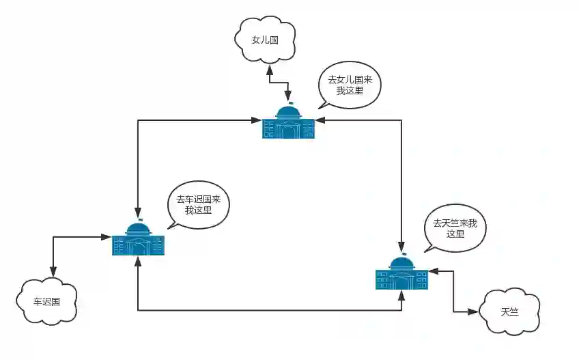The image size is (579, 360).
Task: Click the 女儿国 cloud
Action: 265,40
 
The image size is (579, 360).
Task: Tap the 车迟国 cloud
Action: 46,301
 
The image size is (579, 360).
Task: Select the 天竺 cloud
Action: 509,311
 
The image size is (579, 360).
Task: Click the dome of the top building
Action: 288,111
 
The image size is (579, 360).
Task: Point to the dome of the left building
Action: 139,228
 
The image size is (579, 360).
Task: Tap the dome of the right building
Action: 401,262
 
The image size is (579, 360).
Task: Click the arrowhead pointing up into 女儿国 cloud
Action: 270,69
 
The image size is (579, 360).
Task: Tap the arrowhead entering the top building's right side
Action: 320,121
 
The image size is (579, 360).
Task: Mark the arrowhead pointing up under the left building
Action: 139,261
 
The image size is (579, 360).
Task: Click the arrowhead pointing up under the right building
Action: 401,294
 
